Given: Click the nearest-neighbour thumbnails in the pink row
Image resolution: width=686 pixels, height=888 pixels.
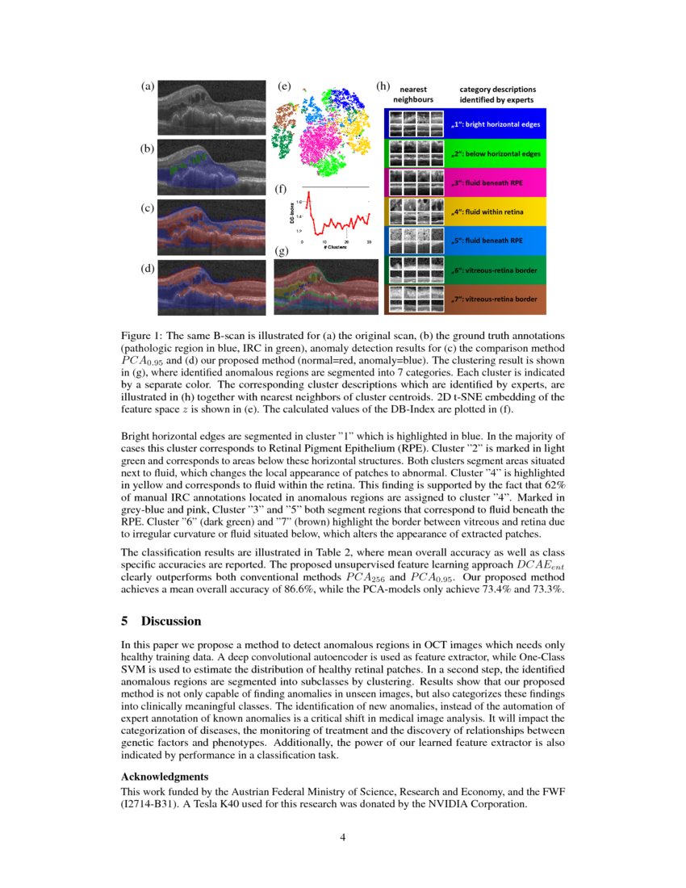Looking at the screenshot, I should coord(416,182).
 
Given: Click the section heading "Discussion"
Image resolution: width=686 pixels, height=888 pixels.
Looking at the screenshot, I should coord(170,621).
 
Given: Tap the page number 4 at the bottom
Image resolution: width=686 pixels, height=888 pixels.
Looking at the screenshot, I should coord(342,836).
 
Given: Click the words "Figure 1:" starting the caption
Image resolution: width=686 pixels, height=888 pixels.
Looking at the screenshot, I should coord(142,334).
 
